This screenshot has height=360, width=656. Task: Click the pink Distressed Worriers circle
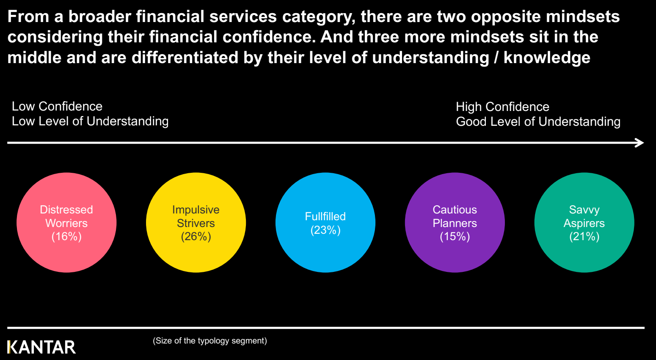[66, 222]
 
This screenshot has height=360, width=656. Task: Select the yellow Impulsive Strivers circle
[196, 222]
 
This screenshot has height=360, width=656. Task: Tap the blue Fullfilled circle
[325, 222]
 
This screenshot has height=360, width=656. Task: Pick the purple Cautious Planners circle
[455, 222]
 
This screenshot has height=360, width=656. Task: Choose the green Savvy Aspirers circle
[584, 222]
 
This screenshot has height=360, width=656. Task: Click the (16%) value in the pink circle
[66, 237]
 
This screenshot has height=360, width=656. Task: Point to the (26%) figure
[196, 237]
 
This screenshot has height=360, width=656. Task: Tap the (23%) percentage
[325, 230]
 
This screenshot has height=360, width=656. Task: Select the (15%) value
[455, 237]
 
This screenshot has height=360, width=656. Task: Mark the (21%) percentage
[584, 237]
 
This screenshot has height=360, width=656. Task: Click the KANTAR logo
[41, 347]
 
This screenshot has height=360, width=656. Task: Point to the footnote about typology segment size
[209, 341]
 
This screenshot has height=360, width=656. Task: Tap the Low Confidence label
[57, 106]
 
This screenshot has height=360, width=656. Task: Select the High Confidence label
[502, 107]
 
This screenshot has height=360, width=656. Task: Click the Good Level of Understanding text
[538, 122]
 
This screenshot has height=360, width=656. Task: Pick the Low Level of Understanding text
[90, 122]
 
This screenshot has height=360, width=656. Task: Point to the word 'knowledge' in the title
[547, 58]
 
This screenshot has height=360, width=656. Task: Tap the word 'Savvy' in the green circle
[584, 210]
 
